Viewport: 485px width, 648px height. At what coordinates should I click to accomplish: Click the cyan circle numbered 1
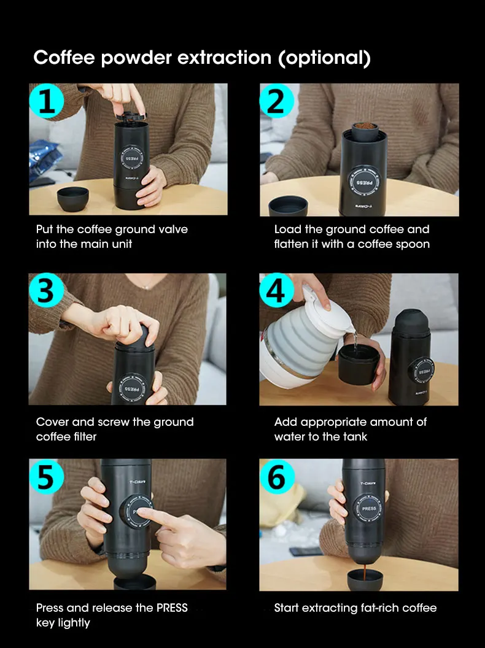coord(46,101)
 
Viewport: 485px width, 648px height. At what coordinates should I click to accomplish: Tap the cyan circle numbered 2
coord(277,101)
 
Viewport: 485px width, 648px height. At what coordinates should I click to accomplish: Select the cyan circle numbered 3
coord(46,290)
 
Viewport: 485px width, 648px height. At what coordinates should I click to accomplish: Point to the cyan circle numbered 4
coord(277,290)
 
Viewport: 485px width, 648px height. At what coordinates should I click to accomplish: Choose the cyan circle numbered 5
coord(46,477)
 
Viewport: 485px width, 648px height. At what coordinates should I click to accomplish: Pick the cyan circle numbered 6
coord(277,477)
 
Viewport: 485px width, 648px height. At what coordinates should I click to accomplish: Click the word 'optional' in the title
coord(324,58)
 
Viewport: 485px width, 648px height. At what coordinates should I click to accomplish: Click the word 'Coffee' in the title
coord(64,58)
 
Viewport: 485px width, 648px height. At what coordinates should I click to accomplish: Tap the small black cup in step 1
coord(73,199)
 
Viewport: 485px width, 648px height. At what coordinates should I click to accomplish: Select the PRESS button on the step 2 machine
coord(364,182)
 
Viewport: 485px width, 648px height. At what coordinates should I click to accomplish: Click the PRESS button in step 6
coord(369,509)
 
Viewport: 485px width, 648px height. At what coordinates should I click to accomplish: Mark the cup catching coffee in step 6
coord(365,580)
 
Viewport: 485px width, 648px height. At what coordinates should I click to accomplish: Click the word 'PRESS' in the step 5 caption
coord(172,607)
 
